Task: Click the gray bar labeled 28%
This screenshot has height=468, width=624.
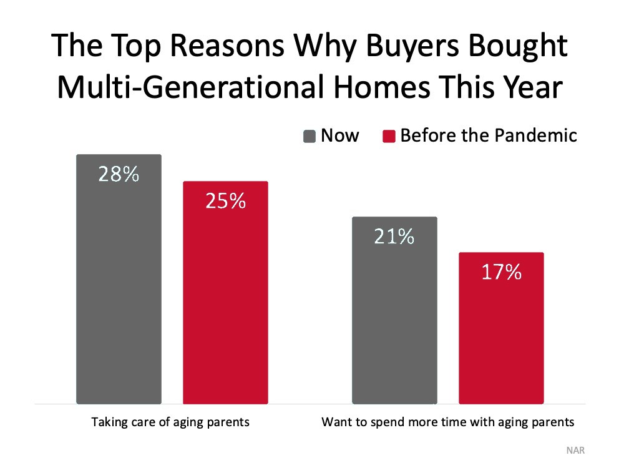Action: pyautogui.click(x=119, y=279)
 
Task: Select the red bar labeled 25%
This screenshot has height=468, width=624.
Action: pyautogui.click(x=226, y=293)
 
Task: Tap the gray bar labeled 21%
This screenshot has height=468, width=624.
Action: pyautogui.click(x=395, y=310)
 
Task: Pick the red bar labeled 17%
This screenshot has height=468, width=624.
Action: pyautogui.click(x=502, y=328)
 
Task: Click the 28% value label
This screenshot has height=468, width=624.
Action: pyautogui.click(x=119, y=174)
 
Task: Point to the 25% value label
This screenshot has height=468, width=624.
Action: pyautogui.click(x=226, y=201)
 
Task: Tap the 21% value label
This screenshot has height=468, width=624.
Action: pyautogui.click(x=394, y=236)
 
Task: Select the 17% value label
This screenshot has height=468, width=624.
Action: pyautogui.click(x=502, y=272)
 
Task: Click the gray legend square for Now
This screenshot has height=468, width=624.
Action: pyautogui.click(x=310, y=136)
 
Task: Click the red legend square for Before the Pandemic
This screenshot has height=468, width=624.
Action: pyautogui.click(x=389, y=136)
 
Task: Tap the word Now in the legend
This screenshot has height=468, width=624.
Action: pyautogui.click(x=340, y=135)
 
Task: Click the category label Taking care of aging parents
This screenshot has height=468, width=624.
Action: pyautogui.click(x=170, y=422)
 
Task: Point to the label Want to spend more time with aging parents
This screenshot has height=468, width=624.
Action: pyautogui.click(x=447, y=422)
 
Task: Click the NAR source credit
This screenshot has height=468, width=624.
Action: pyautogui.click(x=575, y=451)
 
